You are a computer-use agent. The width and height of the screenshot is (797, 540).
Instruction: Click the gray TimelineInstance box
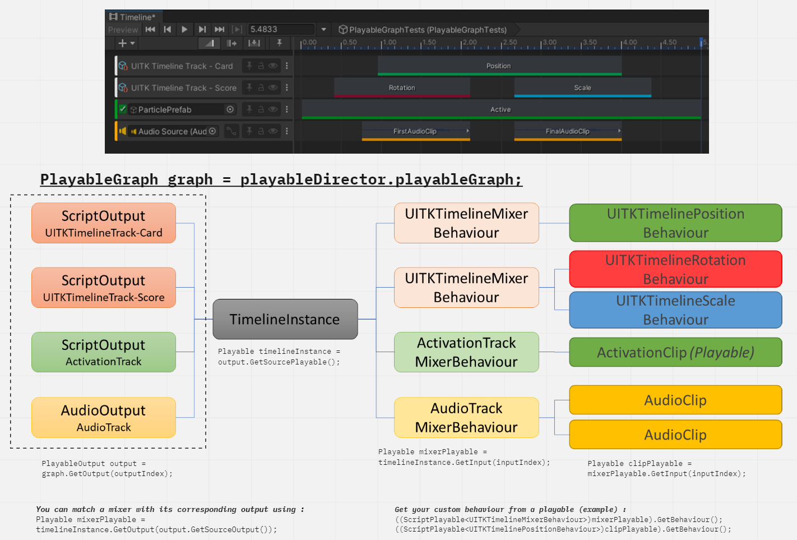point(285,319)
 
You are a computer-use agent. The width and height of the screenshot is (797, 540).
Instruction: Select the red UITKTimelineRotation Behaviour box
point(675,269)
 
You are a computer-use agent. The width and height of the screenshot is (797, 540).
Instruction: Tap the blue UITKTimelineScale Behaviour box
point(675,310)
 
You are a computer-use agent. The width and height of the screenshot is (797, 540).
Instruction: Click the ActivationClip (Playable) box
point(675,352)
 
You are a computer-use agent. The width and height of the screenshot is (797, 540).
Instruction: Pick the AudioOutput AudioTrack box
point(104,418)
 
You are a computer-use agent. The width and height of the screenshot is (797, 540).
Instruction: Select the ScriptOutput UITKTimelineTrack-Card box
point(104,223)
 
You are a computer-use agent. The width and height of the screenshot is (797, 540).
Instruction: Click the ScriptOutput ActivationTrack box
point(104,352)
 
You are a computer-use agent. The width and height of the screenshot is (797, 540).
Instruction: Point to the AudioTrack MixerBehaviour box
point(466,418)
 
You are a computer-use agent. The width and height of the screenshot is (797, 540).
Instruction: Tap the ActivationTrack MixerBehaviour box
point(466,352)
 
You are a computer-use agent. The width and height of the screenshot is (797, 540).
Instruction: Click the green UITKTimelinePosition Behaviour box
point(675,223)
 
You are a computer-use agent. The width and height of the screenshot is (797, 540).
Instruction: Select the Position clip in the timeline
point(499,66)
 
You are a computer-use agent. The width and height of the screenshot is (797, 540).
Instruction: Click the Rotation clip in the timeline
point(402,87)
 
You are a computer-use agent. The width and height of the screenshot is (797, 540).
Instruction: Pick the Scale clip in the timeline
point(582,87)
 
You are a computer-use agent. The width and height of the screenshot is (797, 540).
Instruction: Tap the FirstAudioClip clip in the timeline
point(415,131)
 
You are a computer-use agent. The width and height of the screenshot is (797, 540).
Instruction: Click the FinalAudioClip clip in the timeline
point(567,131)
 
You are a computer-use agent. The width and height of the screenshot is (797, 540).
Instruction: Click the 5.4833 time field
point(280,29)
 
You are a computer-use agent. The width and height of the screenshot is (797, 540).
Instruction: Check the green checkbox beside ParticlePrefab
point(123,109)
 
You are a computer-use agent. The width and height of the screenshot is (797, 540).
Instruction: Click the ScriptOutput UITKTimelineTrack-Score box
point(104,288)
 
